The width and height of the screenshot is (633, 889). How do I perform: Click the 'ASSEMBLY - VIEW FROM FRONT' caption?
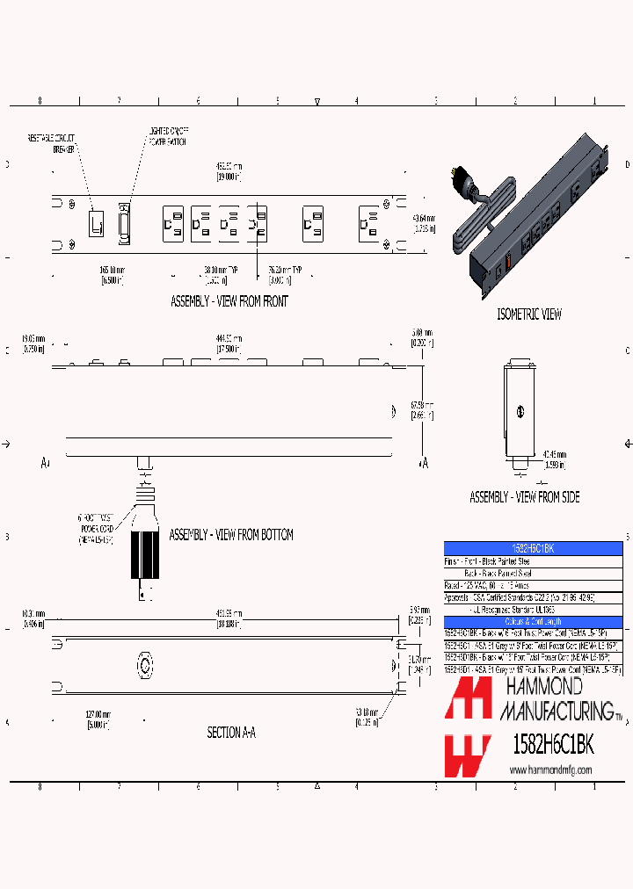coord(229,301)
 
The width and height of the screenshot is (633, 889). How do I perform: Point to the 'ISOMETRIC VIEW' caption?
coord(529,314)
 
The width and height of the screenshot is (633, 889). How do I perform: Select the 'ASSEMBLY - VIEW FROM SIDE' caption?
coord(524,497)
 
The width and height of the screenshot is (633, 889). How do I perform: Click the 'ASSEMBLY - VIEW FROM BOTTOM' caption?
coord(230,534)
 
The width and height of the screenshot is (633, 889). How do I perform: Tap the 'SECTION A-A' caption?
coord(231,732)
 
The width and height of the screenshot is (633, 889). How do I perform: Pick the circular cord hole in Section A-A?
coord(144,660)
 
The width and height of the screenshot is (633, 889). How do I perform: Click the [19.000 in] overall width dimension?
coord(229,177)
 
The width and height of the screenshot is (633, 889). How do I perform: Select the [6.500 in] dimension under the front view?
coord(111,280)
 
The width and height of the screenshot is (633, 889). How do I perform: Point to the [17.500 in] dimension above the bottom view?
coord(229,349)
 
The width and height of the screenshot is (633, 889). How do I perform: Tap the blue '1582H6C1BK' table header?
coord(534,547)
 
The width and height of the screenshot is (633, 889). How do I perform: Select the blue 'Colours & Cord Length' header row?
coord(534,621)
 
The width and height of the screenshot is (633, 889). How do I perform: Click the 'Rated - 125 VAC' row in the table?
coord(492,584)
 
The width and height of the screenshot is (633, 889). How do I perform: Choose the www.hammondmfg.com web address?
coord(551,770)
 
